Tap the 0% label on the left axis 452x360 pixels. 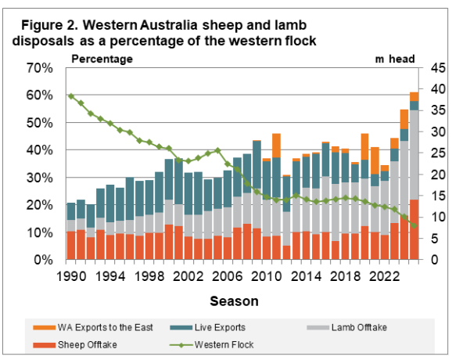click(46, 260)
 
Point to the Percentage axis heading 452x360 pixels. click(102, 58)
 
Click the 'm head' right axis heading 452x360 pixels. click(394, 58)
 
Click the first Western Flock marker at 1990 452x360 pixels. click(71, 95)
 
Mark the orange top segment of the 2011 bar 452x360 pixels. click(276, 145)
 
